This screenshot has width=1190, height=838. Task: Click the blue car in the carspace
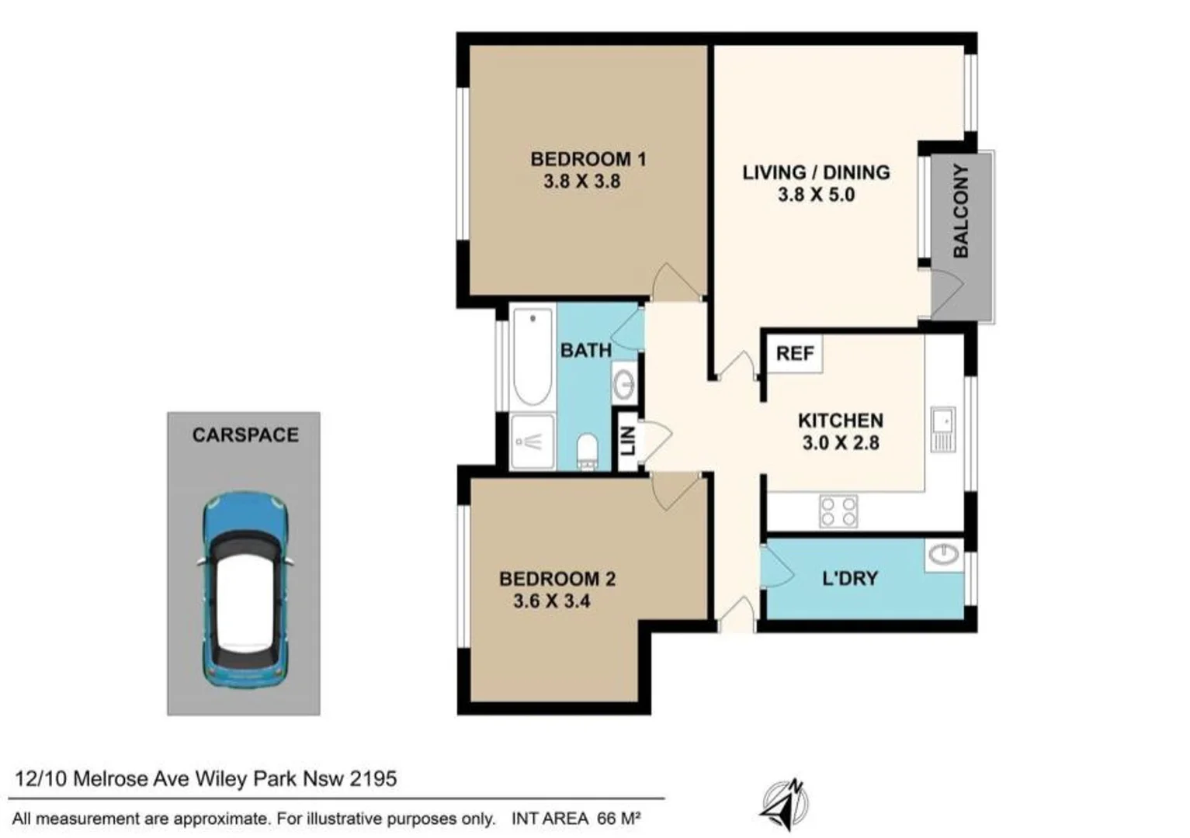coord(245,590)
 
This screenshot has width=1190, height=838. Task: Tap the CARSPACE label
coord(245,435)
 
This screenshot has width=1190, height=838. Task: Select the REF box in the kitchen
coord(795,354)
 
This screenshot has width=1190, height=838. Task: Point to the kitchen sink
coord(943,428)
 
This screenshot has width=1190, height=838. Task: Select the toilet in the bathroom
coord(588,451)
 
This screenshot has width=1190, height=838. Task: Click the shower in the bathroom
coord(533,442)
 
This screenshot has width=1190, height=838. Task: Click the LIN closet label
coord(628,441)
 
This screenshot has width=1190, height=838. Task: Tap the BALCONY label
coord(961,211)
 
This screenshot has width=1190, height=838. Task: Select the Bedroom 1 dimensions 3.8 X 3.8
coord(581,182)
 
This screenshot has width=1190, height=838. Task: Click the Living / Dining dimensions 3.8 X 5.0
coord(816,195)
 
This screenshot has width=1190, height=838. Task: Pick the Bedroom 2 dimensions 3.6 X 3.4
coord(551,601)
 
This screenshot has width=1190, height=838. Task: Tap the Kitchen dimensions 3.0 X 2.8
coord(840,443)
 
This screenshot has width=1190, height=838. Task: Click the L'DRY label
coord(849,579)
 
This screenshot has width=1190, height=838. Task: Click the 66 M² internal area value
coord(619,819)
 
